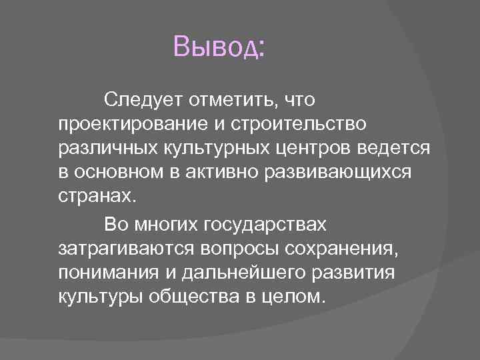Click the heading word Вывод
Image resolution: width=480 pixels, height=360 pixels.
click(x=219, y=47)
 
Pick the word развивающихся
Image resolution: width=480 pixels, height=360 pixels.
click(x=339, y=173)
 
